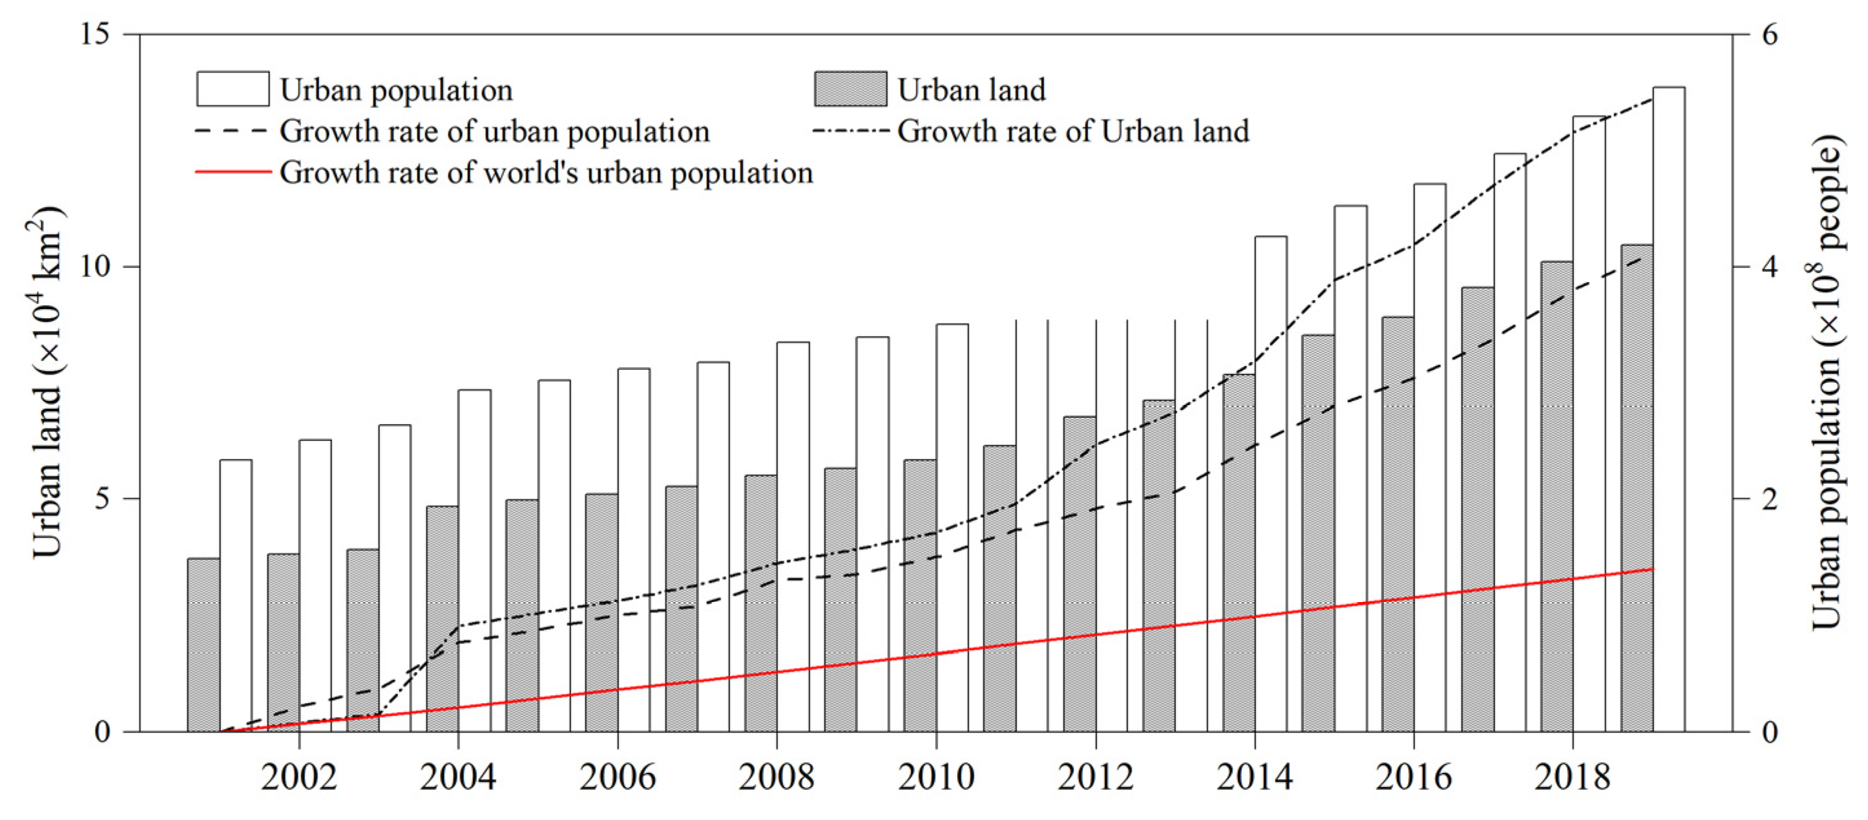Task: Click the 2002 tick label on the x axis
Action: pyautogui.click(x=299, y=778)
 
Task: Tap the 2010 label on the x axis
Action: pyautogui.click(x=936, y=778)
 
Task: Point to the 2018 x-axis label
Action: pyautogui.click(x=1572, y=778)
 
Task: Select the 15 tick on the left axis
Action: pyautogui.click(x=94, y=34)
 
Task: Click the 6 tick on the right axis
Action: pyautogui.click(x=1769, y=34)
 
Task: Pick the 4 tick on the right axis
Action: pyautogui.click(x=1769, y=266)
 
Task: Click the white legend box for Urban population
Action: pyautogui.click(x=232, y=89)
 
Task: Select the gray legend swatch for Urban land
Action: pyautogui.click(x=850, y=89)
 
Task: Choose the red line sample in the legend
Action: pyautogui.click(x=232, y=173)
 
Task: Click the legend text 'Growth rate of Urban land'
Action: pyautogui.click(x=1073, y=131)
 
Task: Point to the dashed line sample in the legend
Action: pyautogui.click(x=232, y=131)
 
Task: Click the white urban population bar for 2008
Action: pyautogui.click(x=793, y=536)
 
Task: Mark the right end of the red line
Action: pyautogui.click(x=1653, y=569)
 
